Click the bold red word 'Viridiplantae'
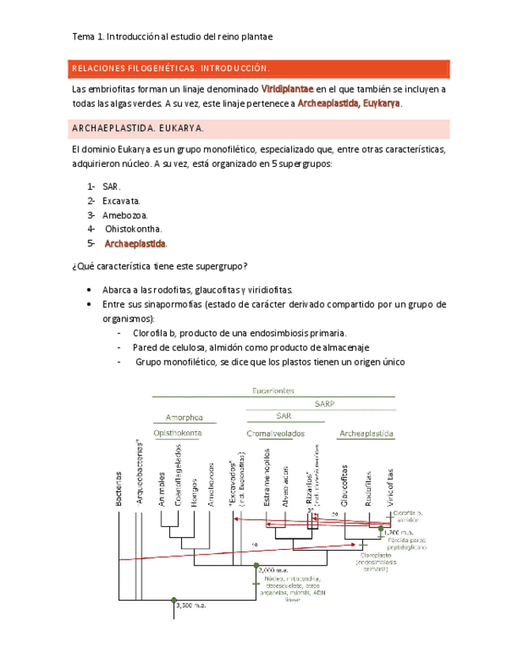(288, 89)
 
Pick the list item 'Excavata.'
(121, 200)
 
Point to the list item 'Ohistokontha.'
(134, 229)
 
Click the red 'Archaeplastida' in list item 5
(135, 244)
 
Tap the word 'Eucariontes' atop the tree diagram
(274, 390)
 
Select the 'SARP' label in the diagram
(324, 403)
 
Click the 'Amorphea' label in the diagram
(183, 417)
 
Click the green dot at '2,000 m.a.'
(256, 565)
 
